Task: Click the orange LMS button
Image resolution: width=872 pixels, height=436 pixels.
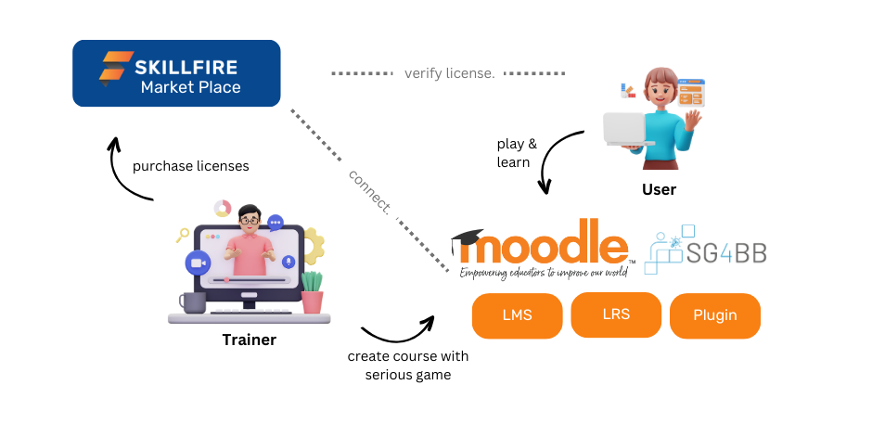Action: [x=518, y=315]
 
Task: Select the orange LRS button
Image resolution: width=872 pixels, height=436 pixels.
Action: [x=616, y=314]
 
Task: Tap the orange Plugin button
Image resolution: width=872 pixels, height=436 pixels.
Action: [x=714, y=315]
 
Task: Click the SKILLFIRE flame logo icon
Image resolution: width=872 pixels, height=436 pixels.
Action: [x=116, y=69]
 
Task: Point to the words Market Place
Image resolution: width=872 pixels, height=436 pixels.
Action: [x=191, y=87]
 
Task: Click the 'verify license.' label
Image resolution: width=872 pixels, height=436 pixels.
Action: [x=449, y=73]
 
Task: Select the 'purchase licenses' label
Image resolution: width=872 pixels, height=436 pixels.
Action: [x=191, y=166]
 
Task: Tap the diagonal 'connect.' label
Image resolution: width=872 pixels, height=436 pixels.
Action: [x=370, y=191]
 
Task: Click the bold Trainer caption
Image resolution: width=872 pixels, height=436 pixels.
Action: [x=250, y=340]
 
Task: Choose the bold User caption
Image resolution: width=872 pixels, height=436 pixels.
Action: [x=659, y=189]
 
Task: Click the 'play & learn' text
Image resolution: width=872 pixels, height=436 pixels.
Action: [x=518, y=153]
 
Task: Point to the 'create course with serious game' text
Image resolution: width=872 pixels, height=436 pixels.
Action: [x=408, y=365]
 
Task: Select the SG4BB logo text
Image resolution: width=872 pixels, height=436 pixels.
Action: [x=726, y=252]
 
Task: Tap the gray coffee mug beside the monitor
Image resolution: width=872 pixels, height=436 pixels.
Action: [x=192, y=302]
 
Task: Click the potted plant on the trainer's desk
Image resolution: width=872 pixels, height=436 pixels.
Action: [x=312, y=292]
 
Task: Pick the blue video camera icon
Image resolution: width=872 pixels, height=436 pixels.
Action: [x=198, y=263]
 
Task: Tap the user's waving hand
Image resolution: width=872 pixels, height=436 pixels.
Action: [x=692, y=120]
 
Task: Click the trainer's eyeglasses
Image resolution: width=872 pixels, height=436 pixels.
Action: [x=250, y=221]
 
